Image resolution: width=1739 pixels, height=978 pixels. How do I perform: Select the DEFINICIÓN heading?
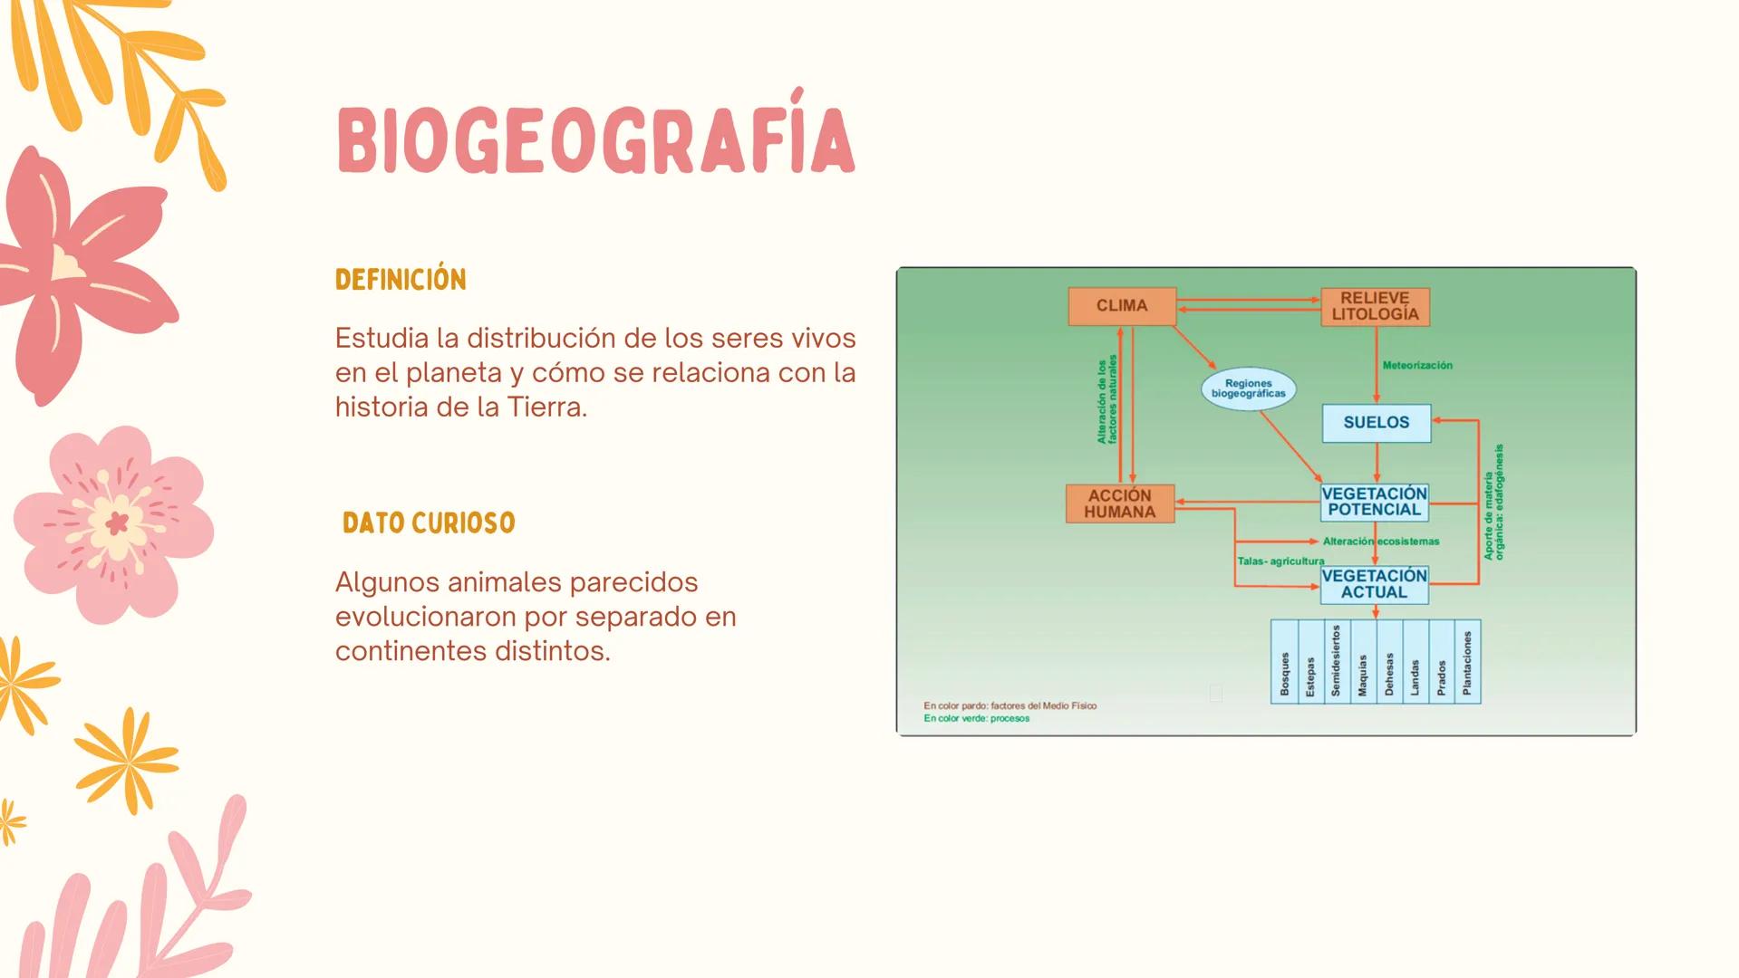click(x=401, y=280)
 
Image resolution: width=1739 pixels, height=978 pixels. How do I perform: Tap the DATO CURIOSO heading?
click(x=429, y=523)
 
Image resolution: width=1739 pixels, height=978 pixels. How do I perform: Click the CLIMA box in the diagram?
click(x=1122, y=306)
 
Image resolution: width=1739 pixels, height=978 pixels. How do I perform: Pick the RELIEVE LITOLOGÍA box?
click(x=1375, y=306)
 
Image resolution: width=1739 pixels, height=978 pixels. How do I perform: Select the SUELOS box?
click(x=1376, y=423)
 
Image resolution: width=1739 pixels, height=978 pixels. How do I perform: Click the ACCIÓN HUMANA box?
click(x=1120, y=503)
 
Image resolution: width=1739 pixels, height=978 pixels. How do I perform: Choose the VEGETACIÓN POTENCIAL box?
click(x=1374, y=502)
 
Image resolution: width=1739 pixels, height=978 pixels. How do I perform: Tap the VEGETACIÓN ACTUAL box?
click(x=1374, y=584)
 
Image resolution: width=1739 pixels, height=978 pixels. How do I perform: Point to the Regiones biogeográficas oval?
click(x=1248, y=388)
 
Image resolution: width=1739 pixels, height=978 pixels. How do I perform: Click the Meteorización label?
click(x=1416, y=366)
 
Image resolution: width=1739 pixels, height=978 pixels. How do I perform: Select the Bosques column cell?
click(x=1284, y=662)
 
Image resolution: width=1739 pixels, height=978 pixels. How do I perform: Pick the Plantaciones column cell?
click(x=1467, y=662)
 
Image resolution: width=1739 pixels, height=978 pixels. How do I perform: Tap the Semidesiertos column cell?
click(x=1336, y=662)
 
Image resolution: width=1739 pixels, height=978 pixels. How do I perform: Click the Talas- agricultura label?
click(x=1280, y=561)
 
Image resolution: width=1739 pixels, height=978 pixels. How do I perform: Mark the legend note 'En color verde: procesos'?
click(x=976, y=719)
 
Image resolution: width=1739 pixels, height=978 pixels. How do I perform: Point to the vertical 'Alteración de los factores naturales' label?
click(x=1106, y=399)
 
